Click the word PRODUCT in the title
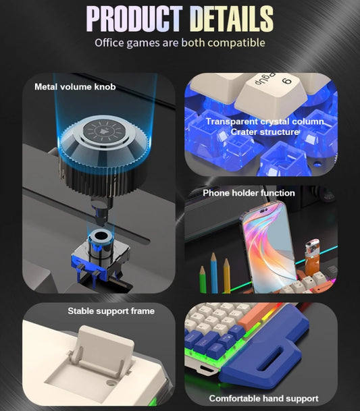click(x=134, y=19)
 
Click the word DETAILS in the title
click(x=231, y=19)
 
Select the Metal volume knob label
click(x=75, y=87)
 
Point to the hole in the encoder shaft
click(x=101, y=236)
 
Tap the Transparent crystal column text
click(x=265, y=121)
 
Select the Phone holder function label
click(x=249, y=193)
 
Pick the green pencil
click(x=203, y=279)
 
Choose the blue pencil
click(x=214, y=273)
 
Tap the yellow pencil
click(x=227, y=275)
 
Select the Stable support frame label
click(x=111, y=311)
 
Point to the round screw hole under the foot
click(x=112, y=383)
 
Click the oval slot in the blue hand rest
click(x=274, y=358)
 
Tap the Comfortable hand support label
click(x=263, y=398)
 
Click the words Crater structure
click(x=265, y=132)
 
